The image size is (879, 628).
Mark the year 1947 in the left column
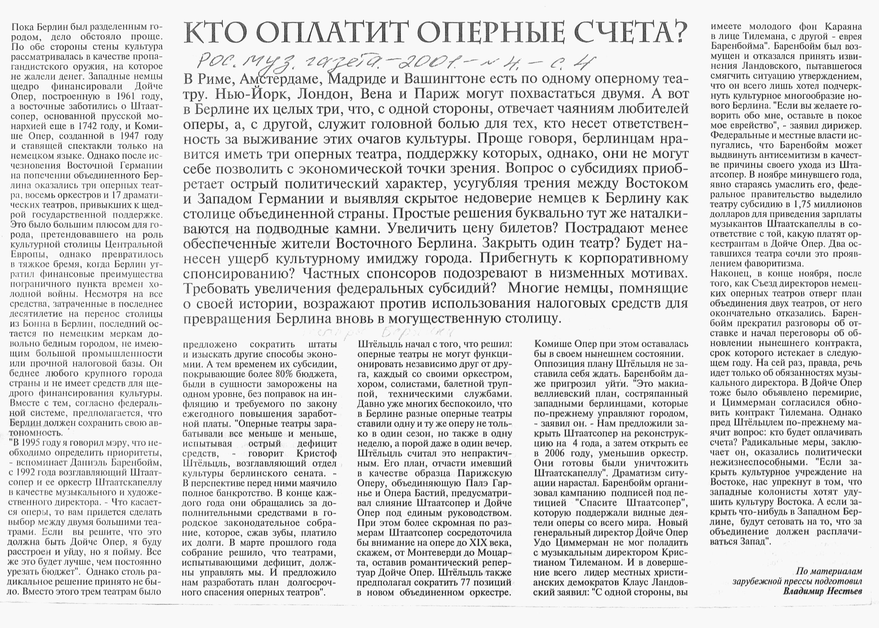pos(128,136)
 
